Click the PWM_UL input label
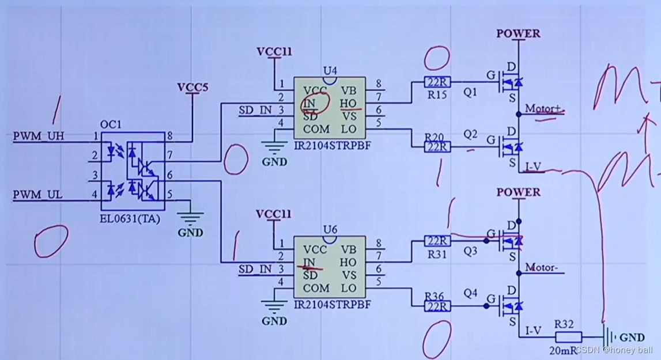click(37, 195)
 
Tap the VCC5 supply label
click(192, 88)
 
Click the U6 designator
click(330, 229)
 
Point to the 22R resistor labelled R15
click(436, 82)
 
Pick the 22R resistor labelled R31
click(436, 241)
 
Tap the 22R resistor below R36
click(436, 307)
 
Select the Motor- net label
click(543, 268)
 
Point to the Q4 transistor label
click(471, 293)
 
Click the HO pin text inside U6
click(349, 263)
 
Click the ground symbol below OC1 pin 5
click(190, 219)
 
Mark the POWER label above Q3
click(519, 192)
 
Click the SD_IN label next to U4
click(255, 110)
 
